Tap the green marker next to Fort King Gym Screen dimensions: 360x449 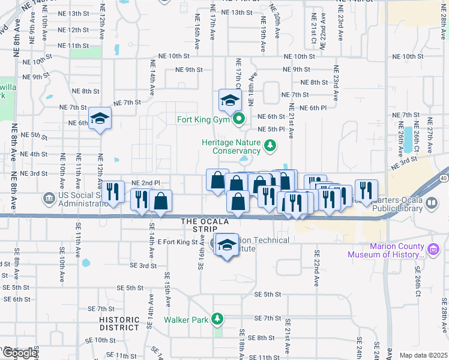click(x=238, y=119)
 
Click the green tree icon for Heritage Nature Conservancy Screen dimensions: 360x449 click(x=270, y=145)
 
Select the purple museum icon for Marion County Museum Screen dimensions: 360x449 click(x=432, y=248)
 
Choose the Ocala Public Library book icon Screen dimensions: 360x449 click(x=431, y=204)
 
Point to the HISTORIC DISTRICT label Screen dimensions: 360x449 click(x=119, y=323)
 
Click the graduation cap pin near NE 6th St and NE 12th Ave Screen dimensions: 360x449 click(x=100, y=117)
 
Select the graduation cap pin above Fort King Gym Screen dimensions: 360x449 click(x=229, y=100)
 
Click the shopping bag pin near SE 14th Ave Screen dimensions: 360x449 click(x=161, y=202)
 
